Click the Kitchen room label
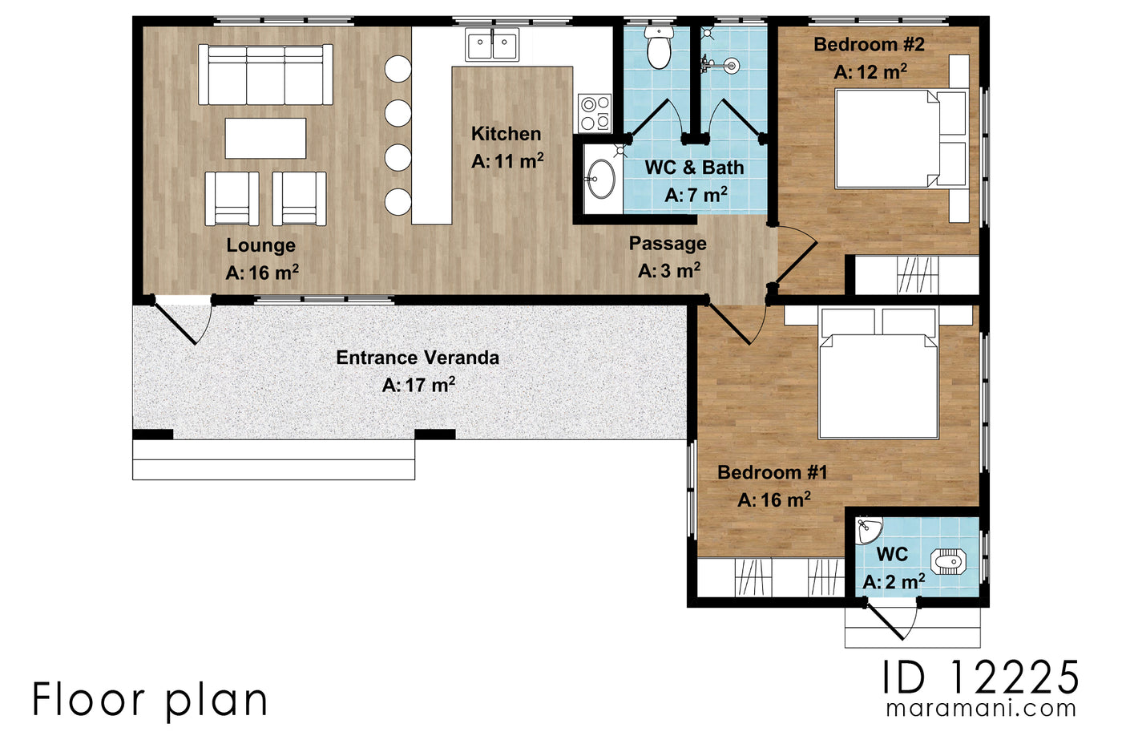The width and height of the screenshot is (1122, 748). click(506, 134)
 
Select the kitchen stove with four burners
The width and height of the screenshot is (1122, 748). click(594, 113)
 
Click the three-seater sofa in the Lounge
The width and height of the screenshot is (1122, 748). click(265, 75)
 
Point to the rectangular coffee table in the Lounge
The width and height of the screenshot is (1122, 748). click(265, 139)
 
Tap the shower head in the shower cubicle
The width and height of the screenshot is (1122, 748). click(730, 66)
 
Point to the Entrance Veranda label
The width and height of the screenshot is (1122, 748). click(418, 358)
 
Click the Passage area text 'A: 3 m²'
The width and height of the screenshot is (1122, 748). click(669, 271)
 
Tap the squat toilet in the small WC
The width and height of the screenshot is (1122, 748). click(949, 561)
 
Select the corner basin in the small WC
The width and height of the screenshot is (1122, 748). click(867, 529)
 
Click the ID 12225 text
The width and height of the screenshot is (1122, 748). click(981, 678)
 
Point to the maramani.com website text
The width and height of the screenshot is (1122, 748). click(981, 709)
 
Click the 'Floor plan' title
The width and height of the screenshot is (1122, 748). click(150, 700)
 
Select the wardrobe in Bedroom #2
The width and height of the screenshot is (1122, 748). click(917, 275)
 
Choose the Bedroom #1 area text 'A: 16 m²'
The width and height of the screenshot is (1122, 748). click(774, 500)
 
